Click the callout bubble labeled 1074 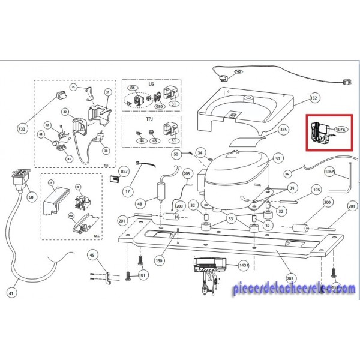coord(341,129)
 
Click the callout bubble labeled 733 coord(23,130)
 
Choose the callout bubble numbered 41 coord(13,293)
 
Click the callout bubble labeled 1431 coord(244,265)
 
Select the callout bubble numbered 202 coord(289,278)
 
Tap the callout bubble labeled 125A coord(329,171)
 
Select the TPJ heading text coord(151,120)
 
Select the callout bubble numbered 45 coord(92,254)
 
